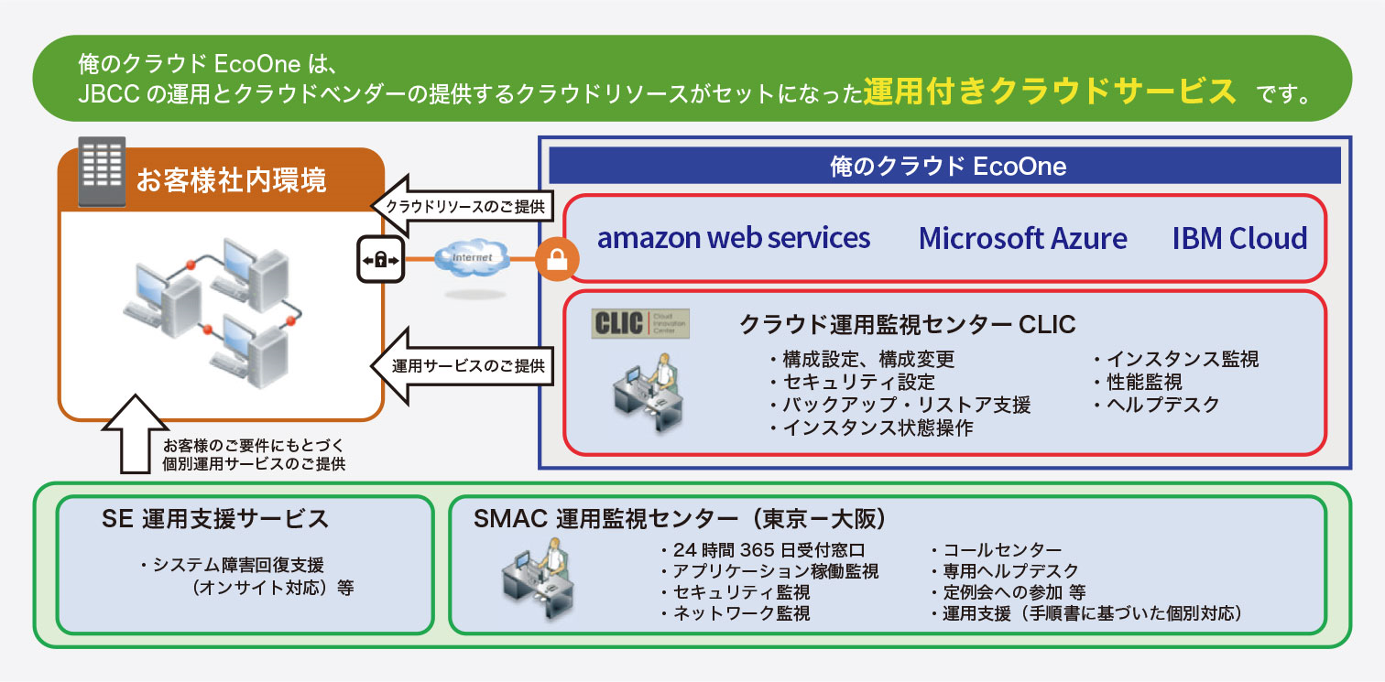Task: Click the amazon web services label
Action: tap(733, 238)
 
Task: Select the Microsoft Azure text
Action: tap(1022, 238)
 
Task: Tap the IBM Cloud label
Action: tap(1239, 238)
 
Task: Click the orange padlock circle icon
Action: tap(557, 260)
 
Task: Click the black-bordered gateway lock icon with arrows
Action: tap(380, 260)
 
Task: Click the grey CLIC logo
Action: tap(640, 324)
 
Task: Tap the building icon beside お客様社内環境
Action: tap(101, 172)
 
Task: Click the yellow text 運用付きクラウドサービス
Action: tap(1050, 92)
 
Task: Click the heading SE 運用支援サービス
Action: tap(215, 519)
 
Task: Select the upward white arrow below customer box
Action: tap(136, 435)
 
